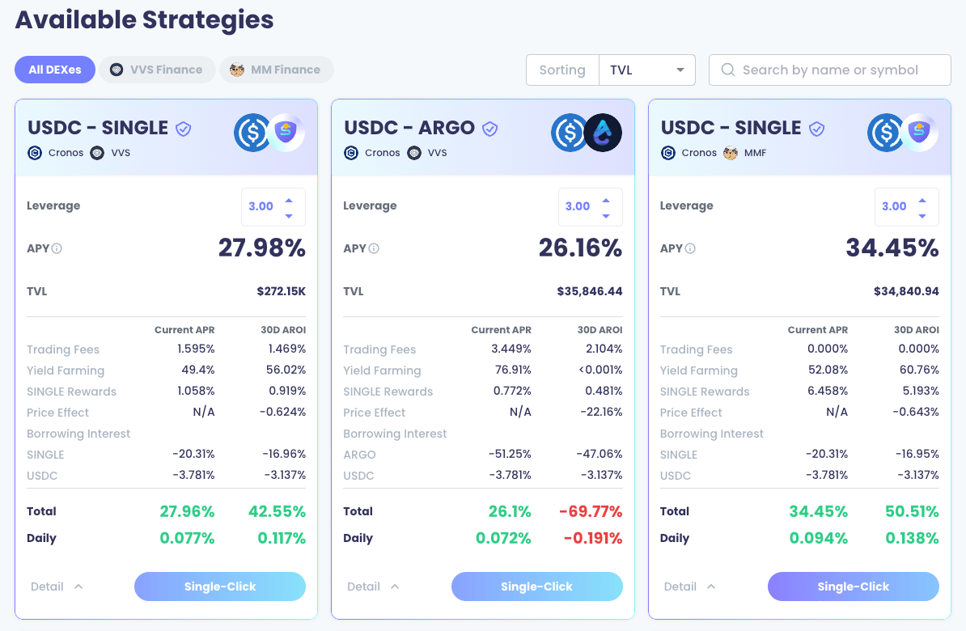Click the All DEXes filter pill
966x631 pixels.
55,70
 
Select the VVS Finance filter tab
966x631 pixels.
157,70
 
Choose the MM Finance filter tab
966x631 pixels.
277,70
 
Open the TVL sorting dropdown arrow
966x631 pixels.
680,70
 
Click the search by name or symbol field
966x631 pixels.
830,70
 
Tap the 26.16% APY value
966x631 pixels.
580,248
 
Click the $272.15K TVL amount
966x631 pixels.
282,291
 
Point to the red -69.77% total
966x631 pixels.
591,511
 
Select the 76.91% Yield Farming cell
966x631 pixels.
513,370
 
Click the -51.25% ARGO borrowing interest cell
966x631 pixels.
510,454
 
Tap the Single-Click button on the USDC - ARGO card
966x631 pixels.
536,587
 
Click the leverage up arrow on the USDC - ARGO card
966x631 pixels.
606,201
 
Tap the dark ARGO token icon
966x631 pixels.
603,133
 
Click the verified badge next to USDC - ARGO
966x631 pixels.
489,129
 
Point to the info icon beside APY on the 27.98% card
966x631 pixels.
57,248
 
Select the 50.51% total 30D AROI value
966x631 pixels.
912,511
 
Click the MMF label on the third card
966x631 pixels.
755,153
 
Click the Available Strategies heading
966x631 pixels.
144,19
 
